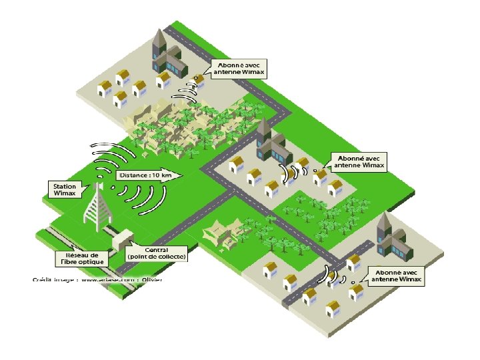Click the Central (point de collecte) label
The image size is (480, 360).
coord(157,253)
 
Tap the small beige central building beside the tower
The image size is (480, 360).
coord(123,238)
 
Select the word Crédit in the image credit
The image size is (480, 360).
coord(43,279)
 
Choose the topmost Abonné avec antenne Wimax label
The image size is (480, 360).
coord(237,69)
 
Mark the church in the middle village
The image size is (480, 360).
coord(269,144)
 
